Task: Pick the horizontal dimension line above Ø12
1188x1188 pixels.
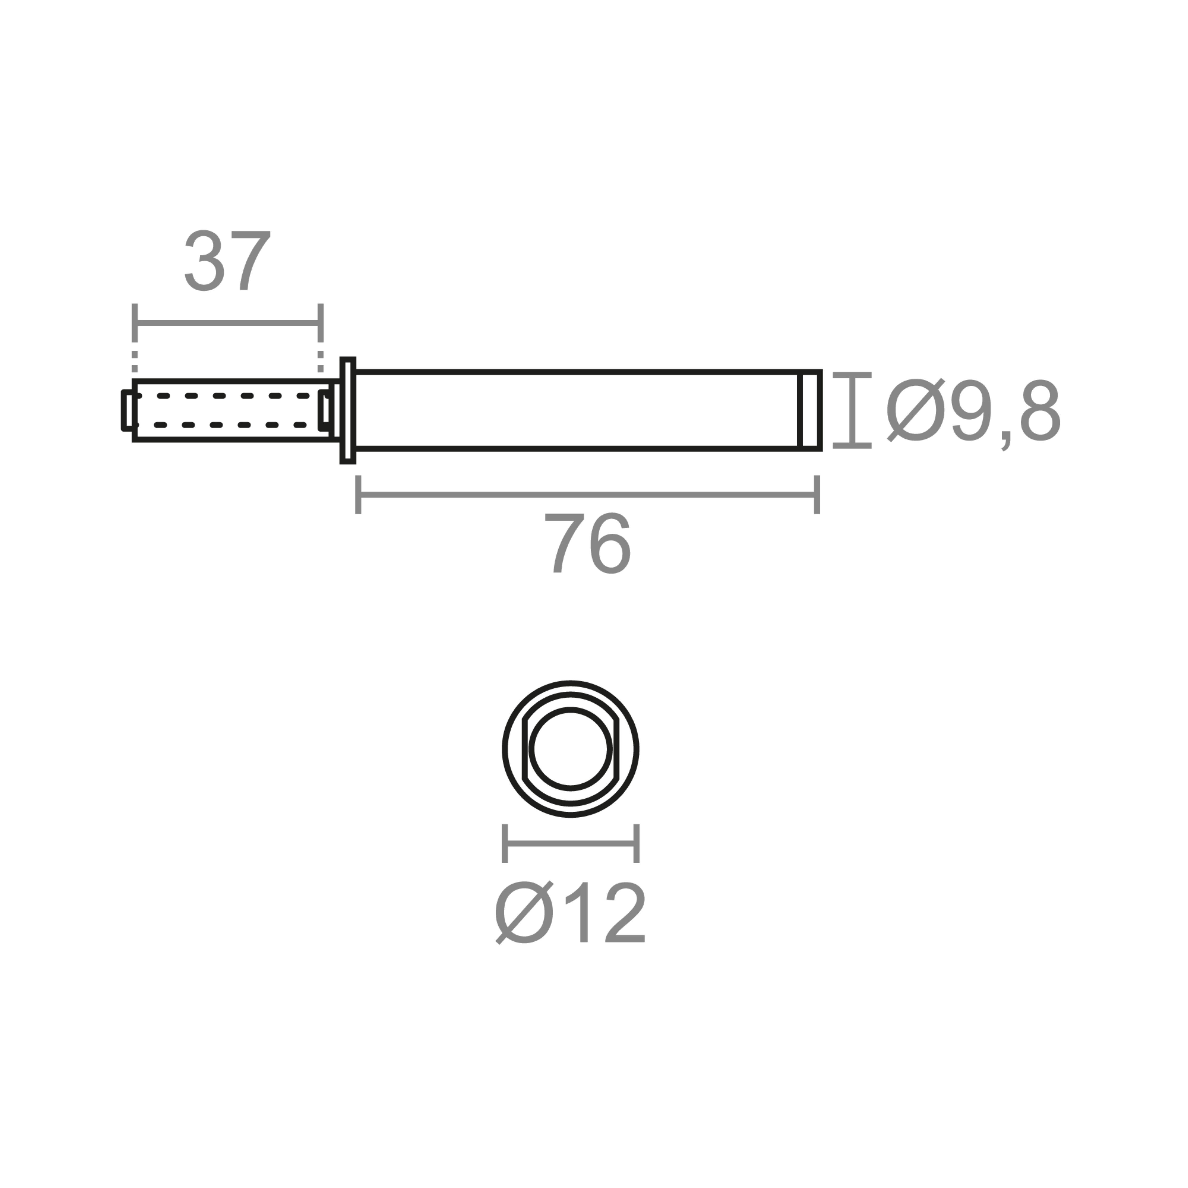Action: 570,843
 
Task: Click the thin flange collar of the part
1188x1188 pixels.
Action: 347,410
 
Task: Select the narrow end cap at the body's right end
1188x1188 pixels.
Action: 810,410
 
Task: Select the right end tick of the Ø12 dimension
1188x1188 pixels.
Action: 637,843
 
